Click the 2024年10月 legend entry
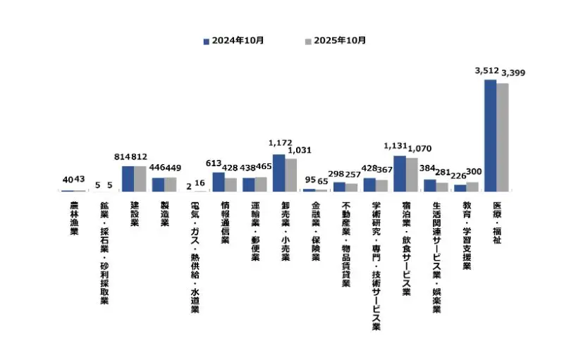coord(233,40)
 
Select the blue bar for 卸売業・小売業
coord(278,173)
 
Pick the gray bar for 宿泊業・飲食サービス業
coord(412,175)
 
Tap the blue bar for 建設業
coord(128,179)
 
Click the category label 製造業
coord(164,213)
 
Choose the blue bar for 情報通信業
coord(219,182)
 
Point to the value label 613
coord(214,163)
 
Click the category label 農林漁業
coord(73,218)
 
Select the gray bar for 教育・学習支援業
coord(472,187)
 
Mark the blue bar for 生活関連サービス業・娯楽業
coord(429,185)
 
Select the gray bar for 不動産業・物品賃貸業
coord(351,187)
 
